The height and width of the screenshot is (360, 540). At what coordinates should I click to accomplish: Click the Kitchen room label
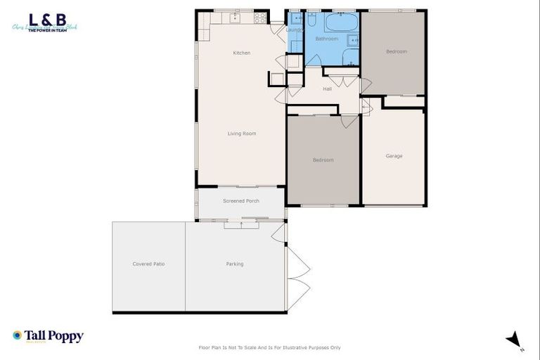242,53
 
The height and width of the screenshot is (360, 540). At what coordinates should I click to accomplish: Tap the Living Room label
241,133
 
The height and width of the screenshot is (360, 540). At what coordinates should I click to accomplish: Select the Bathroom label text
326,39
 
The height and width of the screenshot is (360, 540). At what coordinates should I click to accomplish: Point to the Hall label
327,89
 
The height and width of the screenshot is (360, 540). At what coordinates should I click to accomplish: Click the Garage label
394,155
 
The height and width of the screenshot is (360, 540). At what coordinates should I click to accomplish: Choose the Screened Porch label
241,201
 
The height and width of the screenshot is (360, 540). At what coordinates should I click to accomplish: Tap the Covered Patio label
148,264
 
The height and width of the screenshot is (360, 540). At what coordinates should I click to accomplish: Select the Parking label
235,264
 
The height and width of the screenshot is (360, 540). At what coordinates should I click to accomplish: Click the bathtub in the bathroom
342,22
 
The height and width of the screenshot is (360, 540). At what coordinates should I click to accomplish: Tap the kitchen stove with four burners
259,18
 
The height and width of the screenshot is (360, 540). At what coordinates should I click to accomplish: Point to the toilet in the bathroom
354,40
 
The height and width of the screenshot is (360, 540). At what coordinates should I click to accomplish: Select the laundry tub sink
295,18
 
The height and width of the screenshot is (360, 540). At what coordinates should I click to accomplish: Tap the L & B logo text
43,20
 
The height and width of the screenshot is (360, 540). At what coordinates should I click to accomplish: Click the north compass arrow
514,340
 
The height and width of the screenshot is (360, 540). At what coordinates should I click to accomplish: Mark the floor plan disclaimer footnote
270,347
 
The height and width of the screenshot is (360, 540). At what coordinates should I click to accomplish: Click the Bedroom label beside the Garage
323,160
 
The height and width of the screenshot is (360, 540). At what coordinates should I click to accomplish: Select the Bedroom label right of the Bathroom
396,51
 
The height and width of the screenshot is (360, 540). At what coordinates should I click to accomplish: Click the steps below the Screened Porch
241,224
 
